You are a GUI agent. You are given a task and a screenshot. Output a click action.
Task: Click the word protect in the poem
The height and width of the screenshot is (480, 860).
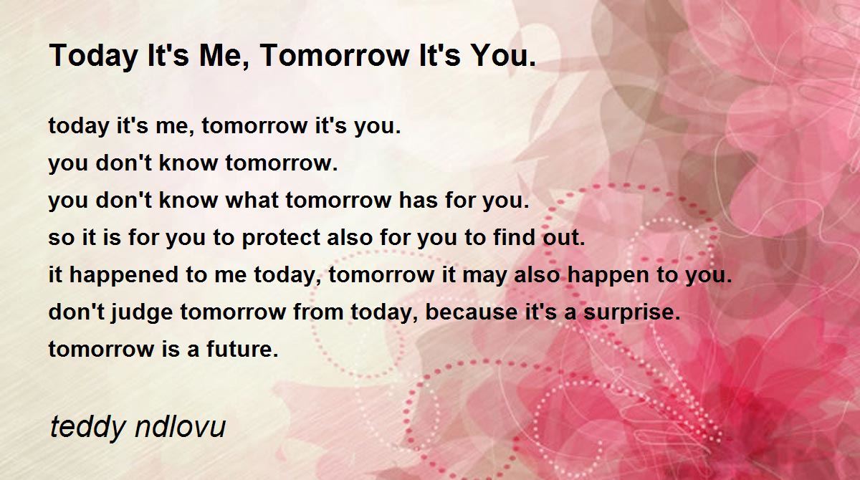(281, 239)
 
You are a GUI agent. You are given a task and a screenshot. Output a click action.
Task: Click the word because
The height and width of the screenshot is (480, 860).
(472, 312)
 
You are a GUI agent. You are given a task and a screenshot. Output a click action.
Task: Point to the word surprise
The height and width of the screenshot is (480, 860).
(631, 313)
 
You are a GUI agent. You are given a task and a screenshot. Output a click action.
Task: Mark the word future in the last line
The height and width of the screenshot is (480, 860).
(242, 349)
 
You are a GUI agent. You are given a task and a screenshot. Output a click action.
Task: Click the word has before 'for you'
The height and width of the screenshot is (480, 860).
(418, 200)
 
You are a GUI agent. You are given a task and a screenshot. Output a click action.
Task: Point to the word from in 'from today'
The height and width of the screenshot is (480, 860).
(318, 312)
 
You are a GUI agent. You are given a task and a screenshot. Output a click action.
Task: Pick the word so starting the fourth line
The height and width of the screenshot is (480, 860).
(62, 239)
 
